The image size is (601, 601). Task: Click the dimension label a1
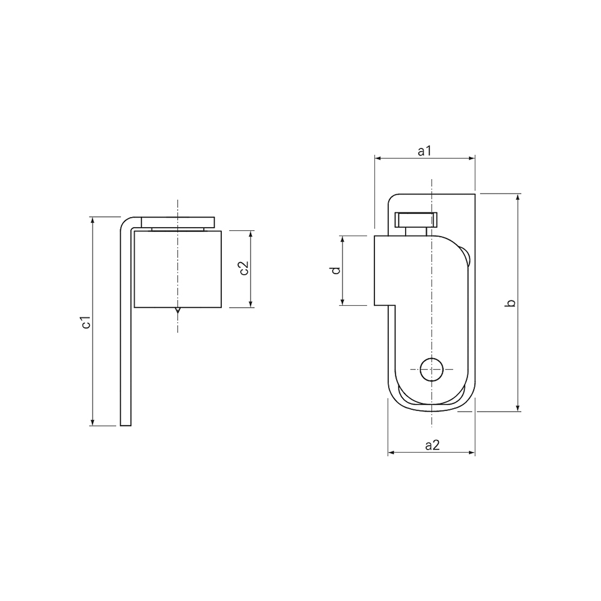click(425, 151)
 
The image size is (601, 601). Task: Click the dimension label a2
click(432, 445)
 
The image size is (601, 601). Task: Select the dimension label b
click(511, 302)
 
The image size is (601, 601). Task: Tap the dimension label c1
click(86, 322)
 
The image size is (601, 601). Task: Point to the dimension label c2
click(244, 269)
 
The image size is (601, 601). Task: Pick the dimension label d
click(336, 270)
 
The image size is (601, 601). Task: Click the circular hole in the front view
click(432, 370)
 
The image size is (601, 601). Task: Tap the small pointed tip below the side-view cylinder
click(178, 311)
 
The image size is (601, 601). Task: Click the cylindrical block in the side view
click(178, 270)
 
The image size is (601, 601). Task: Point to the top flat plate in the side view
click(178, 221)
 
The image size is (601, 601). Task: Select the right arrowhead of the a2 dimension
click(472, 453)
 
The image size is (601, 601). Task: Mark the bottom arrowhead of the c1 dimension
click(93, 422)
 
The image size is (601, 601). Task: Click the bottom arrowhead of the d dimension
click(343, 302)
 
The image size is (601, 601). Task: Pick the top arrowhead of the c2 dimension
click(251, 234)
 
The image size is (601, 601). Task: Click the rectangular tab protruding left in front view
click(385, 270)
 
